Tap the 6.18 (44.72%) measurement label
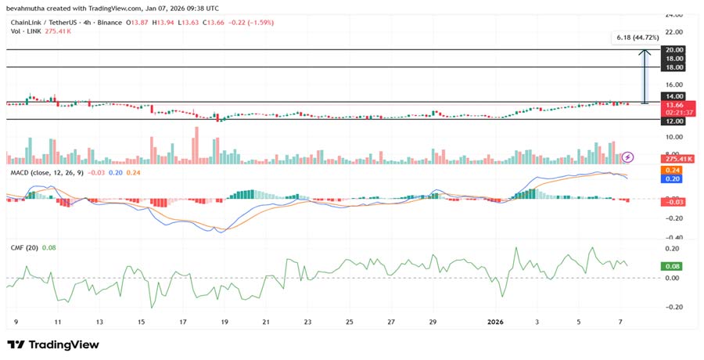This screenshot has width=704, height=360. click(x=638, y=38)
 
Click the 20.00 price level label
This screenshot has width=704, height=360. click(x=673, y=49)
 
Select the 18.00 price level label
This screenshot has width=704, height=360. click(x=673, y=58)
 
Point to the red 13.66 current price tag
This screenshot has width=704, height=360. click(x=673, y=104)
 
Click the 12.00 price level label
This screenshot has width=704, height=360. click(x=673, y=120)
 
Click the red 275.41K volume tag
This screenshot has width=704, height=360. click(x=674, y=159)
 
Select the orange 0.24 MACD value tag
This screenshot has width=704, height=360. click(x=672, y=170)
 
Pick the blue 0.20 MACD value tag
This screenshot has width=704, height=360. click(x=672, y=178)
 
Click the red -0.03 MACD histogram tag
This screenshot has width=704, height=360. click(x=673, y=201)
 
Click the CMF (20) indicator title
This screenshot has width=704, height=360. click(x=23, y=248)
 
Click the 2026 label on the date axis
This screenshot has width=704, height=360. click(x=495, y=322)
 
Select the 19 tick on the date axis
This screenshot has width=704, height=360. click(x=224, y=322)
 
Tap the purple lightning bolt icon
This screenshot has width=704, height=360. click(x=627, y=157)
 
